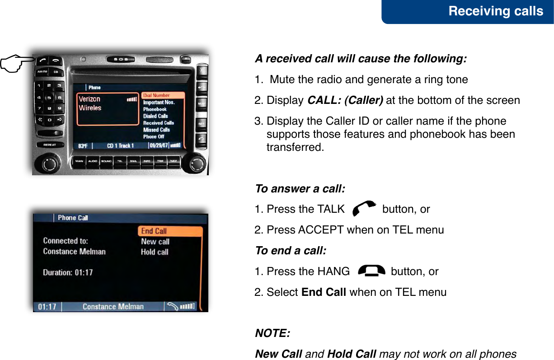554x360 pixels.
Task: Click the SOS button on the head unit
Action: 120,60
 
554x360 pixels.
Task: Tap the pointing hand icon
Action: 16,63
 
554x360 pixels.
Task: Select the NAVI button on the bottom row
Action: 174,161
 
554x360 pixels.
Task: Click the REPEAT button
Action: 50,145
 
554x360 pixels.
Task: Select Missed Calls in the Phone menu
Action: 156,130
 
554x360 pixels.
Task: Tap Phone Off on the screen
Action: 154,136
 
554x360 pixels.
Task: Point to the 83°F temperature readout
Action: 83,146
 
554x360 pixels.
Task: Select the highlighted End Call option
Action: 169,231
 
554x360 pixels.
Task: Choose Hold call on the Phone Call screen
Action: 155,252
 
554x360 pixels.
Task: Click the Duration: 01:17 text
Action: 68,272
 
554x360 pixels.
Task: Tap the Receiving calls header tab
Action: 495,11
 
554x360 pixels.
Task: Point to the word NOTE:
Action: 273,333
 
